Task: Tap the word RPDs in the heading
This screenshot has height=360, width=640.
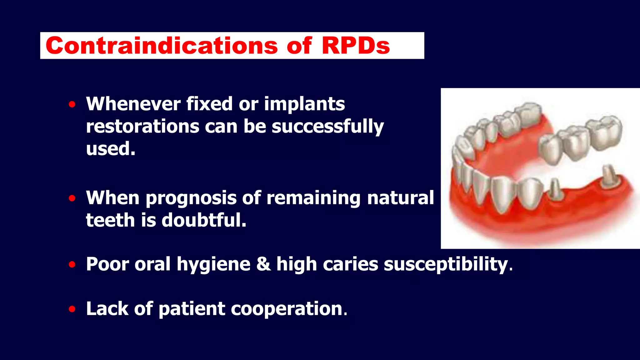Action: coord(356,46)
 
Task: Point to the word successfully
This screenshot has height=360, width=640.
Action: coord(327,127)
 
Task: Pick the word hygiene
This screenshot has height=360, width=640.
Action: coord(213,264)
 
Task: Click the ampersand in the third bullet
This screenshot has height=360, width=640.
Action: coord(263,264)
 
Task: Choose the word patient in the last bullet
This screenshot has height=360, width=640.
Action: coord(192,309)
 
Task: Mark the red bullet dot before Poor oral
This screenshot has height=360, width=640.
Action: coord(72,265)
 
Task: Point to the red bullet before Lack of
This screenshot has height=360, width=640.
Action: coord(72,309)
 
